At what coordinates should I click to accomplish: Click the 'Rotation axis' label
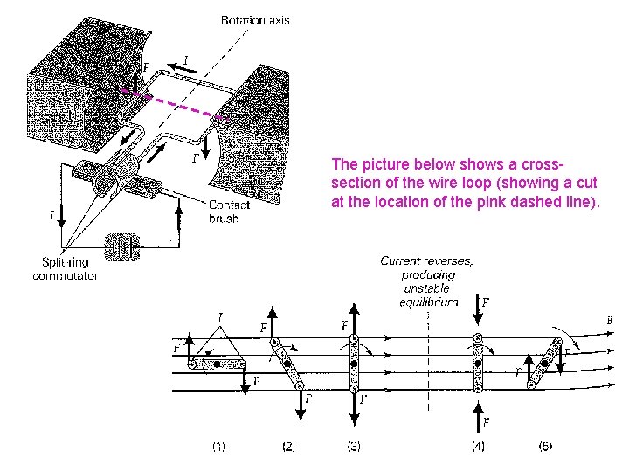[254, 20]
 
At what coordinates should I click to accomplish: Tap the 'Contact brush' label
[229, 212]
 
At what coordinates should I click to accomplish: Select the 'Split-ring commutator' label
[65, 269]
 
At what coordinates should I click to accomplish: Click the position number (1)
[218, 447]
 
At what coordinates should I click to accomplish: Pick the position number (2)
[290, 447]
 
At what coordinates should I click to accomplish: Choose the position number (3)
[353, 447]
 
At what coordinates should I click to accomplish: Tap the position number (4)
[479, 447]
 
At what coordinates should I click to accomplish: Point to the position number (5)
[544, 447]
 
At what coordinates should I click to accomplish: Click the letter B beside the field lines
[609, 320]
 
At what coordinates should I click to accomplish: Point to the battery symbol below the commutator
[121, 248]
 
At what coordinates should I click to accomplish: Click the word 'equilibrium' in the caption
[428, 302]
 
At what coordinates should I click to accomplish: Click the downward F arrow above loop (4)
[478, 316]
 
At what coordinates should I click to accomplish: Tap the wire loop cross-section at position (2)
[287, 363]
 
